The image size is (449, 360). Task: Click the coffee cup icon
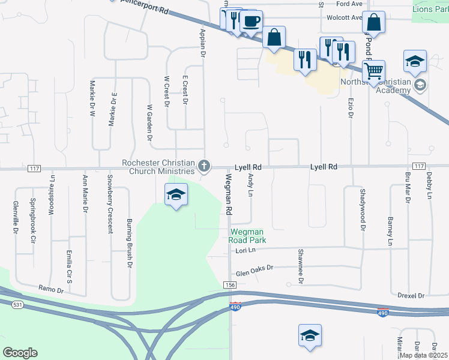tap(251, 22)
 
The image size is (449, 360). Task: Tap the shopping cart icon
tap(373, 71)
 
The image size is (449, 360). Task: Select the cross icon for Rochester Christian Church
tap(205, 166)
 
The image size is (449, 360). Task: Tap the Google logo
tap(20, 353)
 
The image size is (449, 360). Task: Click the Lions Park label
tap(430, 9)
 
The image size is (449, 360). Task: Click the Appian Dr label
tap(203, 43)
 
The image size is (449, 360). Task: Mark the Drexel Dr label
tap(411, 296)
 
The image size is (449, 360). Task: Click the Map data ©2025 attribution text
tap(423, 355)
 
